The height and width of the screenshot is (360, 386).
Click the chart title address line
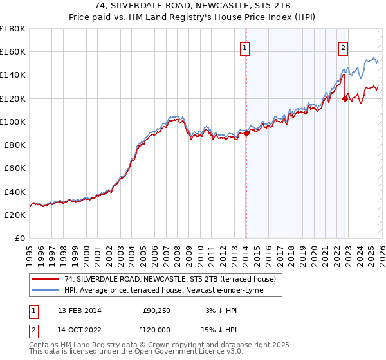pyautogui.click(x=193, y=6)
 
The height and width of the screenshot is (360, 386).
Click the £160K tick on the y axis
pyautogui.click(x=13, y=51)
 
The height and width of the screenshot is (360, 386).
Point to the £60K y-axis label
pyautogui.click(x=15, y=168)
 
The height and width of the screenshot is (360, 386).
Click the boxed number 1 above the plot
pyautogui.click(x=245, y=47)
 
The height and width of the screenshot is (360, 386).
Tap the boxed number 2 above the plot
pyautogui.click(x=344, y=47)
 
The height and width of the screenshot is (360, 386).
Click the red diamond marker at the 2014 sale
pyautogui.click(x=246, y=134)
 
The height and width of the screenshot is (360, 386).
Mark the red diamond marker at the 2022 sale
pyautogui.click(x=345, y=98)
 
